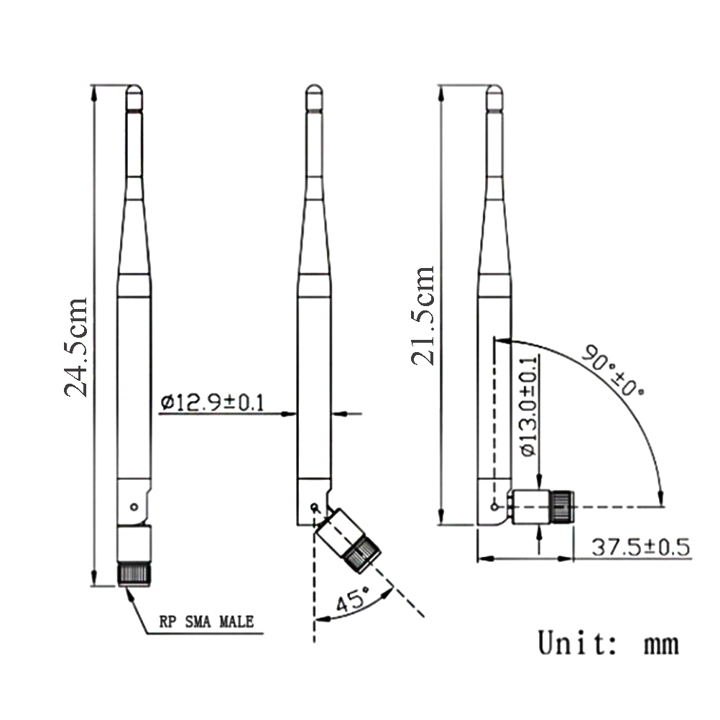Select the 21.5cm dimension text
pyautogui.click(x=423, y=315)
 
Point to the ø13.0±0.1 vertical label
pyautogui.click(x=529, y=407)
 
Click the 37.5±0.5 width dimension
pyautogui.click(x=640, y=547)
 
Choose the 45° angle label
pyautogui.click(x=353, y=599)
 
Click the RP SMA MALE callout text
pyautogui.click(x=206, y=622)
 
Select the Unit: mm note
pyautogui.click(x=608, y=643)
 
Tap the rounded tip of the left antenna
pyautogui.click(x=134, y=89)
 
